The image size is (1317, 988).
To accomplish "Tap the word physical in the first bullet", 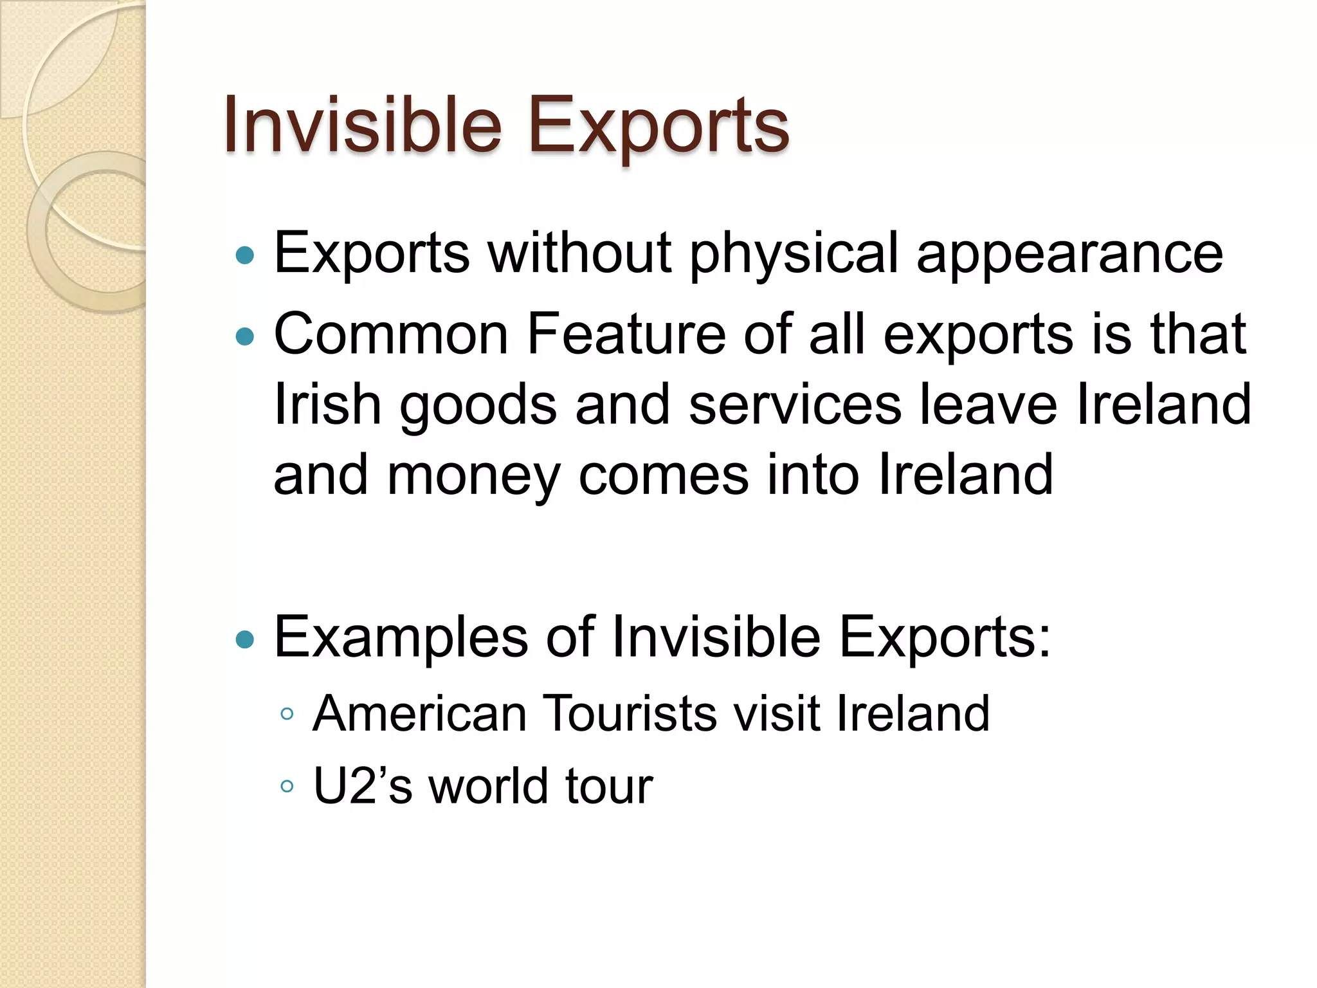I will click(794, 254).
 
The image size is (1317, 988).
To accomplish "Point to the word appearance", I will click(1069, 254).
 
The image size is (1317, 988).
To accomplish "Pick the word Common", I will click(391, 334).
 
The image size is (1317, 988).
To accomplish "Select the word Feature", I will click(626, 334).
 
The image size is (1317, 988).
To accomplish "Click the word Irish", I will click(327, 405).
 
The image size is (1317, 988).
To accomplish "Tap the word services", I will click(795, 405).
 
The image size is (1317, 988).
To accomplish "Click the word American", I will click(419, 713).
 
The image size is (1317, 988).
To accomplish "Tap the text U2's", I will click(362, 786).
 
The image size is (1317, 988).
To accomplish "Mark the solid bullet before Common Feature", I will click(245, 336).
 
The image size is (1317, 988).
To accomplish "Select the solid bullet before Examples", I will click(245, 639).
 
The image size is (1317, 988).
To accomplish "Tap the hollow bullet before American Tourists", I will click(287, 714).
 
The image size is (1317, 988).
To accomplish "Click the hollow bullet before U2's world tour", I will click(287, 786).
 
